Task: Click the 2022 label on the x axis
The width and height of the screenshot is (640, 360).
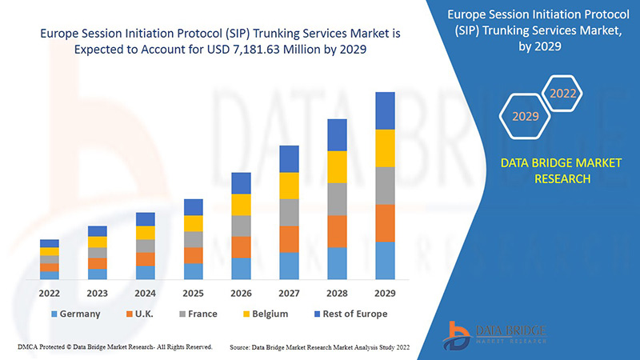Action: coord(49,293)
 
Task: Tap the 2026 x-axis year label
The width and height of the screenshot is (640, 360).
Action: coord(241,293)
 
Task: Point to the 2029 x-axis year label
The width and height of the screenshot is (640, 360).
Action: coord(385,293)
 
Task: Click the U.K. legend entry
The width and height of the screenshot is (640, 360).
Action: coord(144,314)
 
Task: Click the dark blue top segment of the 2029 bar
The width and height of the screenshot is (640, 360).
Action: coord(385,110)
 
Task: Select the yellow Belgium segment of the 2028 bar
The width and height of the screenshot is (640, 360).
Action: coord(337,166)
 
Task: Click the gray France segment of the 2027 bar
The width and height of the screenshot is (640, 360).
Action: coord(289,212)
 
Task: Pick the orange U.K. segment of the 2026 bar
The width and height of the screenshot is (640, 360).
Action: coord(241,246)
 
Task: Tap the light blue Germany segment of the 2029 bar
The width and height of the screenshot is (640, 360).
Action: coord(385,260)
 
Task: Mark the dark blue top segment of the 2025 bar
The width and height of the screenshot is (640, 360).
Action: coord(193,207)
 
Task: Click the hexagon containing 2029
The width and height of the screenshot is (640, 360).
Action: coord(525,117)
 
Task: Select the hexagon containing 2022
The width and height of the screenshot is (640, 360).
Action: coord(563,93)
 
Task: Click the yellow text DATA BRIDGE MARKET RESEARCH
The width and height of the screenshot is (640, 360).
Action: coord(549,171)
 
